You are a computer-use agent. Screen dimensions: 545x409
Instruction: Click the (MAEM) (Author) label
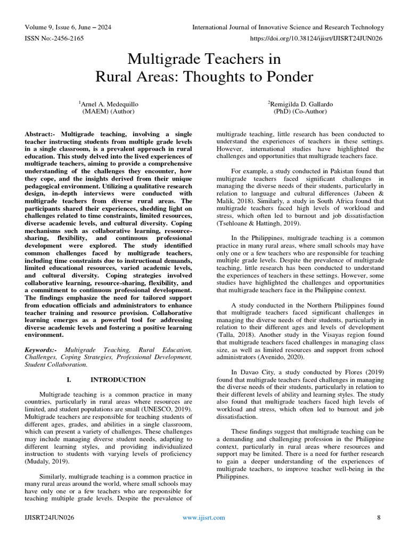pyautogui.click(x=108, y=112)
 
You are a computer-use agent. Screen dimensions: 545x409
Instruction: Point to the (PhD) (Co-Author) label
pyautogui.click(x=300, y=112)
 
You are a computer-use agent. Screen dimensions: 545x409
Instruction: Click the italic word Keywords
pyautogui.click(x=40, y=350)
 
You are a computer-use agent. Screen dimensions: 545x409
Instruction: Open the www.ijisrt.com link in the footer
pyautogui.click(x=203, y=517)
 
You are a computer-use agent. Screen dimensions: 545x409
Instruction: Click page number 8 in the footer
pyautogui.click(x=379, y=517)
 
